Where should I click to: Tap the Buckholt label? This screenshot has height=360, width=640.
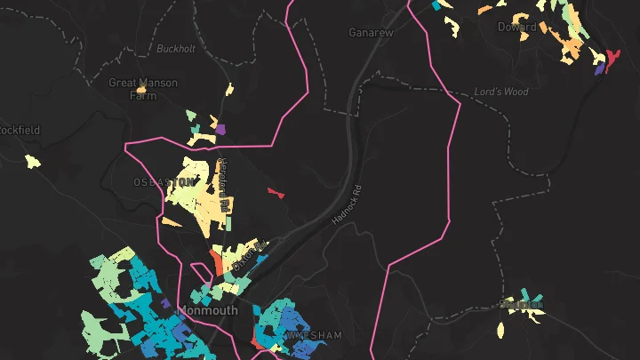point(175,48)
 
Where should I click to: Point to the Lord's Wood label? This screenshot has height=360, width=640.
point(501,92)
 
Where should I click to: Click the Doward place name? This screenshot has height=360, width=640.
point(517,28)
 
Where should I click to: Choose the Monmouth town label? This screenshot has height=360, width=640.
point(208,311)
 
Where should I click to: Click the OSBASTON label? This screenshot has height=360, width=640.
point(163,181)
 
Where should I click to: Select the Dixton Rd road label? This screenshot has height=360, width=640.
point(249,255)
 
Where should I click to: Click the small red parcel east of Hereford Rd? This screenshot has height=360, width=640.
point(275,191)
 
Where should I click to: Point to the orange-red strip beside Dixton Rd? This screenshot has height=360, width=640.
point(216,262)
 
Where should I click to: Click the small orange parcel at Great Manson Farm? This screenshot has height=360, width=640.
point(140,89)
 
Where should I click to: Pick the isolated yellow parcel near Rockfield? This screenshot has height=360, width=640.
point(33,162)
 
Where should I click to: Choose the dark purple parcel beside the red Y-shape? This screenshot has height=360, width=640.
point(599,67)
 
